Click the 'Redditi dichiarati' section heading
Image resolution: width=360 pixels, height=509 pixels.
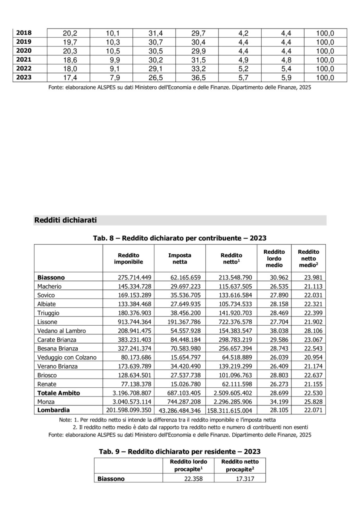pyautogui.click(x=66, y=220)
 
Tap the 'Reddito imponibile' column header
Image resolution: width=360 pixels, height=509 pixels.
pyautogui.click(x=128, y=258)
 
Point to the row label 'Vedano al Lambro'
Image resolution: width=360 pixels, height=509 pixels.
pyautogui.click(x=61, y=331)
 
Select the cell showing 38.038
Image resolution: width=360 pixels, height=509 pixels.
pyautogui.click(x=274, y=331)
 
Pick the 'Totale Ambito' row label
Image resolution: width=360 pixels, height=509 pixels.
pyautogui.click(x=58, y=393)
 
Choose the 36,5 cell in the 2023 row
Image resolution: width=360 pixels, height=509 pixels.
pyautogui.click(x=198, y=78)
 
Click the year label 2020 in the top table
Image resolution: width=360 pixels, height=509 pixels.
pyautogui.click(x=24, y=51)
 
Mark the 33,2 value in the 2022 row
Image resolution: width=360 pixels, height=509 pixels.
pyautogui.click(x=198, y=69)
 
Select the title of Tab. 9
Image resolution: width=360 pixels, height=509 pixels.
pyautogui.click(x=179, y=451)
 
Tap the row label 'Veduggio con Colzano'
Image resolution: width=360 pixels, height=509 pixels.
pyautogui.click(x=67, y=357)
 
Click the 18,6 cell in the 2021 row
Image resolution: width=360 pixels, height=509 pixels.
pyautogui.click(x=68, y=60)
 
